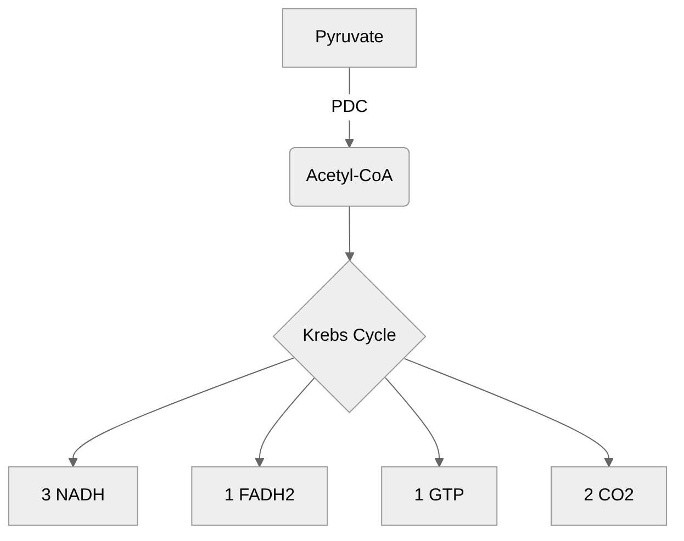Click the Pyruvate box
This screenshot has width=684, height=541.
(x=349, y=38)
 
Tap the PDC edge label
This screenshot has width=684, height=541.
(x=349, y=106)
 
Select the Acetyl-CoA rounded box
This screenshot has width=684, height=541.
(x=349, y=176)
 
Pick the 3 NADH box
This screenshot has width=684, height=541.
(x=73, y=495)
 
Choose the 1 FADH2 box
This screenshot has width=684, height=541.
(x=259, y=495)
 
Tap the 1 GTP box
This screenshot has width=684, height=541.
(x=439, y=495)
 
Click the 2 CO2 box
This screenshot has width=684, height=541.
(x=608, y=495)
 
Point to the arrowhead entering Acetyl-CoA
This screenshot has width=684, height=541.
(x=349, y=143)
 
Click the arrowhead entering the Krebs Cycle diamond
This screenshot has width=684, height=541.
(x=350, y=256)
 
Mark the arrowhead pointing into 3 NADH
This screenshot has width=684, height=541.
(x=73, y=462)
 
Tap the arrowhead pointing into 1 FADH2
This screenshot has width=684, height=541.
(x=259, y=462)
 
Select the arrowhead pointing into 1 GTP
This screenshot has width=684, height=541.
(x=439, y=462)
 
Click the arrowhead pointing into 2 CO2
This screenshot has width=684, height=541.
(x=608, y=462)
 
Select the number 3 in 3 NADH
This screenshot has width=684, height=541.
(x=46, y=495)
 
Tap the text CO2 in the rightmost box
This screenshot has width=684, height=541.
(x=615, y=495)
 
